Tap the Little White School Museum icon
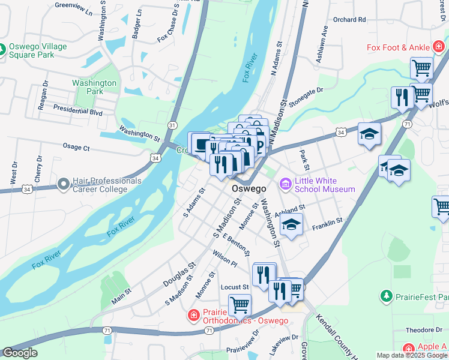pos(285,182)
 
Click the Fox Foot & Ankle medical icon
pos(439,46)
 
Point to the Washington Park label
pos(94,87)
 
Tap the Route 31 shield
pos(172,125)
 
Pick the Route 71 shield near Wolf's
pos(406,124)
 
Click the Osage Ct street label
pos(76,146)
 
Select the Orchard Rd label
pos(349,19)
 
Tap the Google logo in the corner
pos(20,353)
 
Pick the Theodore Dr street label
pos(424,330)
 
